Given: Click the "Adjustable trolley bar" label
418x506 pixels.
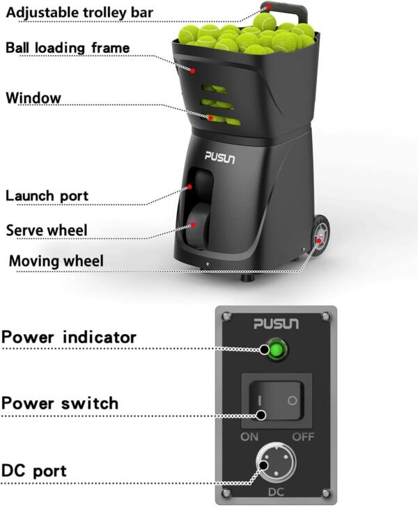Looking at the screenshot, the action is coord(79,13).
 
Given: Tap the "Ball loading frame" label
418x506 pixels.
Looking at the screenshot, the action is coord(68,48).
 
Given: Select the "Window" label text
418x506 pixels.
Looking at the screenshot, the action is coord(33,97).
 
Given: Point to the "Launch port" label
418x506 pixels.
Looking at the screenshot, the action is coord(47,196).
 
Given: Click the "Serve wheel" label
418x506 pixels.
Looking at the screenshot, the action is coord(47,230).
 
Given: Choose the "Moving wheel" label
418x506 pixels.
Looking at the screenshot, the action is coord(56,261).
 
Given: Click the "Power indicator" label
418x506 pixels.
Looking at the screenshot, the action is coord(69,338).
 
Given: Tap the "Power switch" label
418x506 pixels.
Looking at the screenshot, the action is coord(60,404).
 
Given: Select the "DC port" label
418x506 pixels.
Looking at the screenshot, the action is coord(34,471).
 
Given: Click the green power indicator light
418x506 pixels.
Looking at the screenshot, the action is coord(276,350).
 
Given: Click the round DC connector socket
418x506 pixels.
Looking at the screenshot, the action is coord(276,463).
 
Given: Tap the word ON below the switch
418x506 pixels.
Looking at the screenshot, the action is coord(249,437).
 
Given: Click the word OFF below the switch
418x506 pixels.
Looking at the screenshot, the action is coord(303,437).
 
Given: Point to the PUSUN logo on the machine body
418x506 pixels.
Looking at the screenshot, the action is coord(219,157).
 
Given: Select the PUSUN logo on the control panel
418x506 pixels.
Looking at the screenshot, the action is coord(276,324).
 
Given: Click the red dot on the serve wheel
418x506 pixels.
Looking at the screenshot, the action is coord(193,225).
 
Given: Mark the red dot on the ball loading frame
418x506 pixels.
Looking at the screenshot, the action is coord(192,71).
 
